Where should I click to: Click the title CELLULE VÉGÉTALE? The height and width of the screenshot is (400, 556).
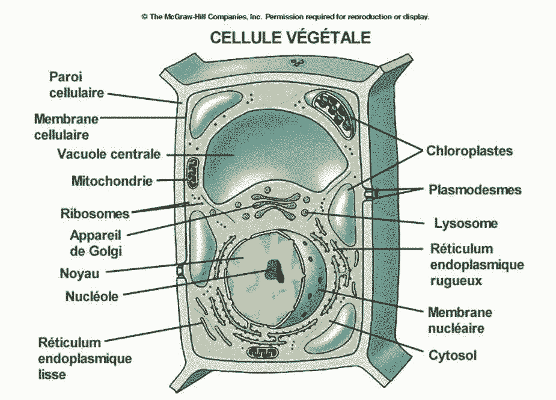[x=290, y=37]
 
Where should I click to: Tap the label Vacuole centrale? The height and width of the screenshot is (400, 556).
[x=109, y=153]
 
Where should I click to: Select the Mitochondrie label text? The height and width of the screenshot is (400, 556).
[x=112, y=180]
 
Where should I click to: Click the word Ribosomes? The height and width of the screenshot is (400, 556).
[x=95, y=213]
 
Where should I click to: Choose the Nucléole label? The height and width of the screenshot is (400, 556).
[x=91, y=295]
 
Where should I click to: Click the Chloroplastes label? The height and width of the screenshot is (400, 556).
[x=469, y=151]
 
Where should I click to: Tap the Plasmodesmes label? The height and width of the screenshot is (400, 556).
[x=475, y=190]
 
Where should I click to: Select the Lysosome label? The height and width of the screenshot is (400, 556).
[x=466, y=224]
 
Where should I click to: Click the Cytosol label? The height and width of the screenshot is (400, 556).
[x=453, y=355]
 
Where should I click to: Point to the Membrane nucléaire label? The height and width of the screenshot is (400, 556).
[x=460, y=320]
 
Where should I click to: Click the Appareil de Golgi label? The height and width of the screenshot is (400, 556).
[x=96, y=242]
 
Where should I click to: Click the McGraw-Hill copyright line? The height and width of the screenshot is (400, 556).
[x=285, y=17]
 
